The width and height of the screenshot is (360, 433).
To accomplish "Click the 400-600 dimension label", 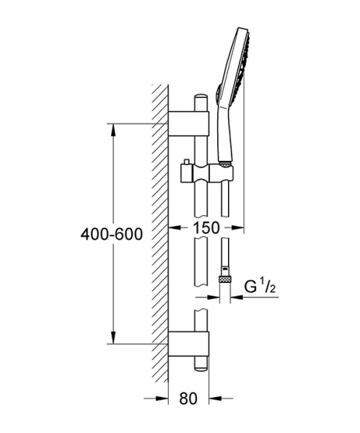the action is (x=112, y=235).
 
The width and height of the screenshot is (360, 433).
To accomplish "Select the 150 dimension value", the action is (x=206, y=228).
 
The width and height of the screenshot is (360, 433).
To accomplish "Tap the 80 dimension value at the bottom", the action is (x=188, y=398).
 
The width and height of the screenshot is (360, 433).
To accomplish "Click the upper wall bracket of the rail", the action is (x=189, y=123).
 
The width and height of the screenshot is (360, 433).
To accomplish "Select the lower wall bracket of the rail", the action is (x=189, y=344).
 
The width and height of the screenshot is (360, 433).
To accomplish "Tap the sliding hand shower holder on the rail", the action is (x=207, y=173).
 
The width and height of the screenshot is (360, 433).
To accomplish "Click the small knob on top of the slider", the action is (x=187, y=162).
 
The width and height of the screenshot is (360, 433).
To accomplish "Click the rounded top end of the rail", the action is (x=201, y=98).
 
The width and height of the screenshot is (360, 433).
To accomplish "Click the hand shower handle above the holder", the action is (x=225, y=133).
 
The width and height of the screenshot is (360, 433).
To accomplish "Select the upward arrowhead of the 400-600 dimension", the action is (x=113, y=130).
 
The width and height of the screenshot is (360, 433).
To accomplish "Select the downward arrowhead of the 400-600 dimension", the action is (x=113, y=338).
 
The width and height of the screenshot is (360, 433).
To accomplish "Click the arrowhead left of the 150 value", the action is (x=175, y=227).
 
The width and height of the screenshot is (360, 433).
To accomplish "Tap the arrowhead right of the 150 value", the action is (x=237, y=227).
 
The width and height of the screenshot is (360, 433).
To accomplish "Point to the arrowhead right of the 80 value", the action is (x=216, y=398).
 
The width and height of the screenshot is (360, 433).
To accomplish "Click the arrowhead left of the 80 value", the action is (x=162, y=398).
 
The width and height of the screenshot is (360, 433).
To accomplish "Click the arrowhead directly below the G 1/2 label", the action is (x=237, y=297).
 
